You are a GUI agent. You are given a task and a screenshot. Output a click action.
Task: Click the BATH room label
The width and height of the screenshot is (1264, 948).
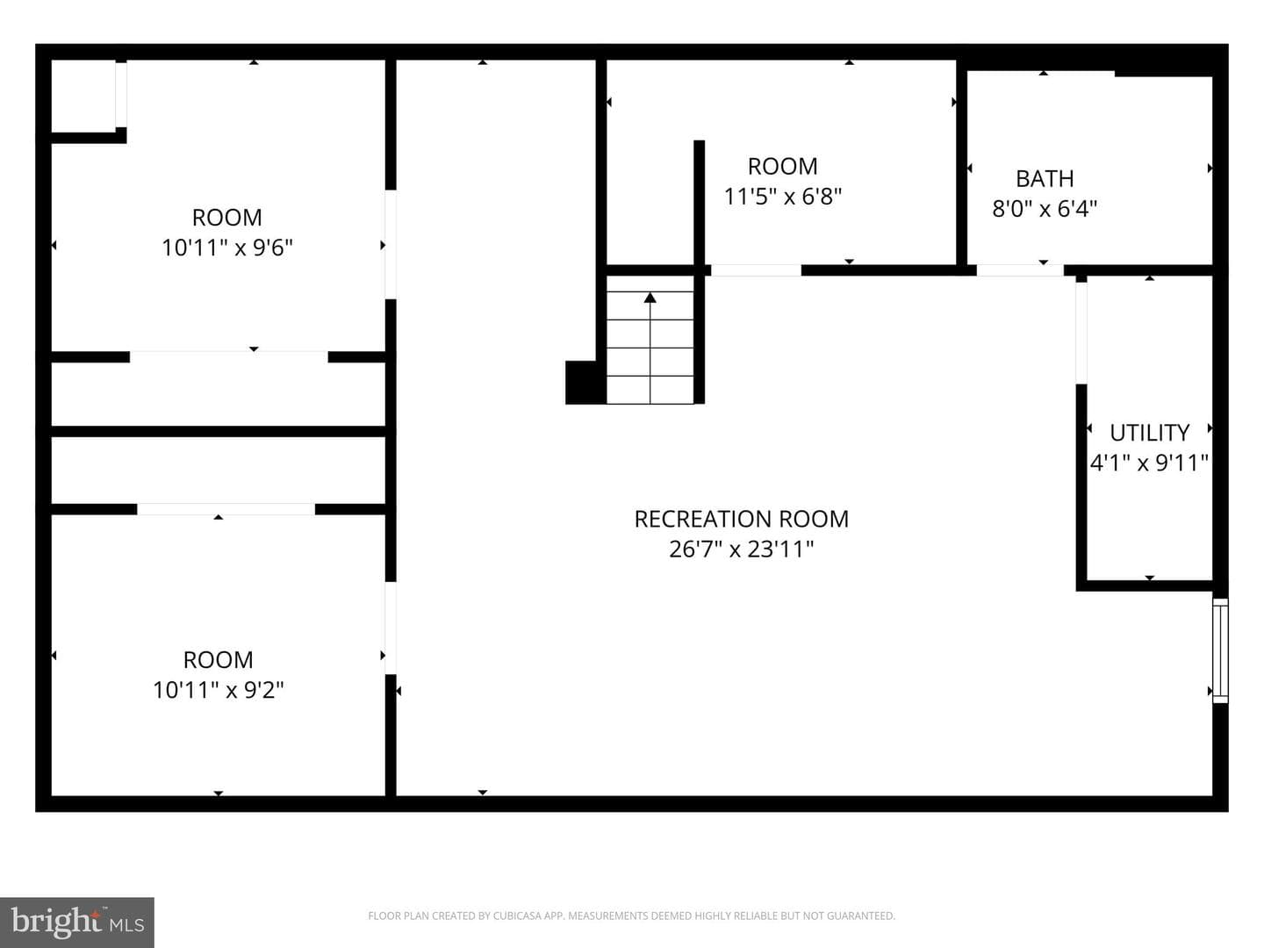point(1045,179)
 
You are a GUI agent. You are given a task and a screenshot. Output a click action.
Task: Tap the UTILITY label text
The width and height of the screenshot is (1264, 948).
point(1149,433)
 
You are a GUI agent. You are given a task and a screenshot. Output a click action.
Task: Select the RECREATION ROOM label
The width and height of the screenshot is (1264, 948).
point(741,519)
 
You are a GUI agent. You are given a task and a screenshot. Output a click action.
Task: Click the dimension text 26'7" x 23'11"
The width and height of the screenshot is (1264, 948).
point(741,549)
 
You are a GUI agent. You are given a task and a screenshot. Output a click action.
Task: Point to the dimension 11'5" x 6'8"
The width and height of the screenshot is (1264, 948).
point(782,197)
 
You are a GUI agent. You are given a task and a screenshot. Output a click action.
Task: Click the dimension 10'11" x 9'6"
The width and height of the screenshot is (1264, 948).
point(226,248)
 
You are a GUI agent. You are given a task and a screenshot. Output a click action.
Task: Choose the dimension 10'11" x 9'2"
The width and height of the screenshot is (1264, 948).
point(219,690)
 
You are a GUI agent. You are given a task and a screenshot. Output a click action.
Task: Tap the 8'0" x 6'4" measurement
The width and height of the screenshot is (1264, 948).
point(1045,208)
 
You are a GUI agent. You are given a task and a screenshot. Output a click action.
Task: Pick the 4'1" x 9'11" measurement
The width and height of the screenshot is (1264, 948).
point(1149,463)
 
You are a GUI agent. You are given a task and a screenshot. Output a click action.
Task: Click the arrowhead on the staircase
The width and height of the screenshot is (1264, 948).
point(650,298)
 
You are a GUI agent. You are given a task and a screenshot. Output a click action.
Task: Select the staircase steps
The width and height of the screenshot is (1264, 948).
point(650,340)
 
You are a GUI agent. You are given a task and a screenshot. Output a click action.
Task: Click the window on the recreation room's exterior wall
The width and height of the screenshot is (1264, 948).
point(1220,650)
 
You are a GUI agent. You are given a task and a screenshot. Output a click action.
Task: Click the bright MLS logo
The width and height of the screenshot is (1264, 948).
point(77,922)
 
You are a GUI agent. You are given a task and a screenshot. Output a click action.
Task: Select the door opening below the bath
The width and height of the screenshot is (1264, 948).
point(1020,270)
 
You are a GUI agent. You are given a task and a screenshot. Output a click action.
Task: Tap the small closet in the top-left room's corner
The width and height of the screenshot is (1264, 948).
point(83,97)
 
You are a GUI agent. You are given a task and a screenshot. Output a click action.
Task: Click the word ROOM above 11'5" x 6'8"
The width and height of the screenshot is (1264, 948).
point(782,167)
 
